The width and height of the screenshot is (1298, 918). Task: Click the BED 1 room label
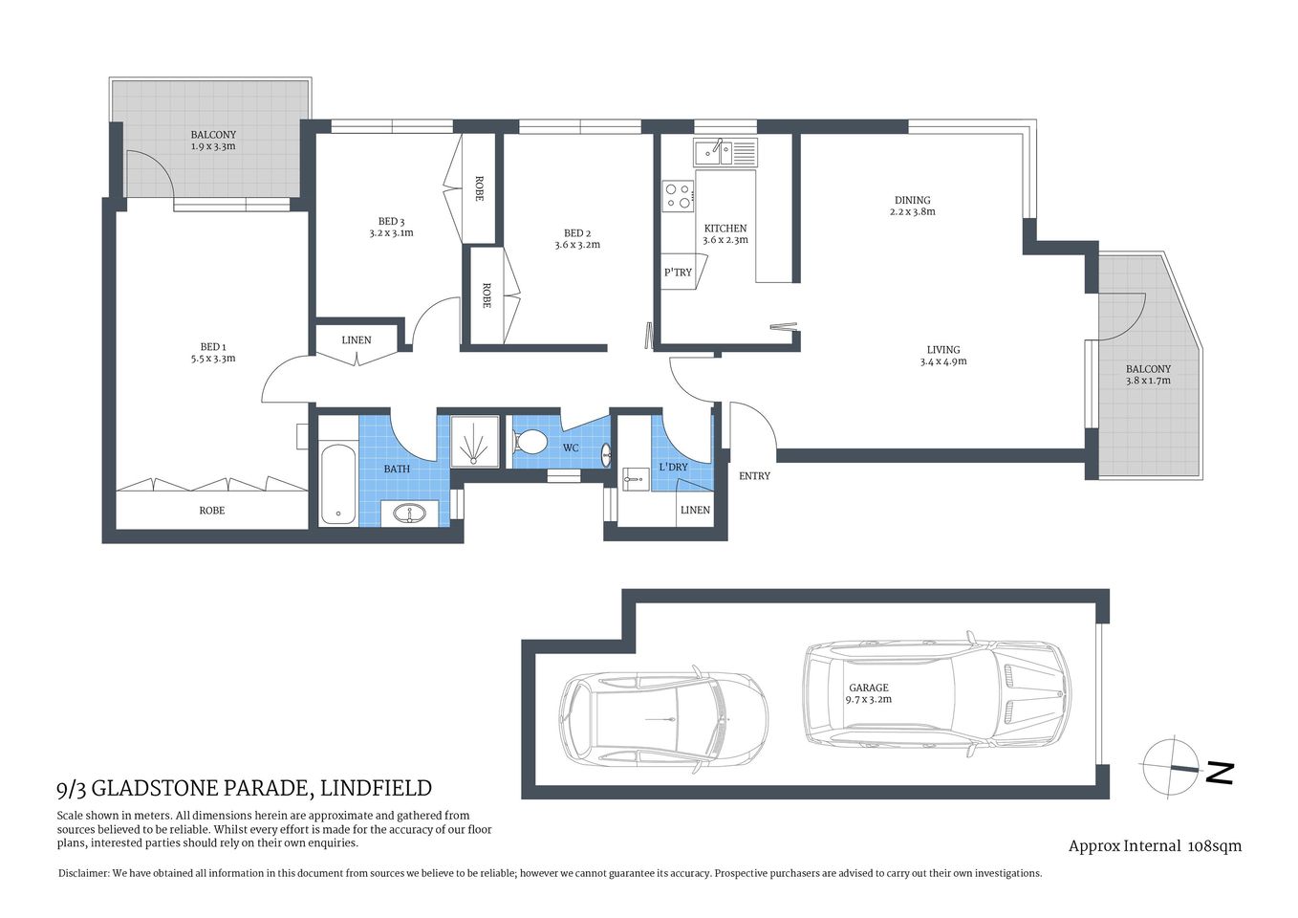212,347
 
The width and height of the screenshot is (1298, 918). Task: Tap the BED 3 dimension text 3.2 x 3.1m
391,233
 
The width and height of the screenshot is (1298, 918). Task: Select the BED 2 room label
577,233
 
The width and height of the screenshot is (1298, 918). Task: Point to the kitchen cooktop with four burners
679,196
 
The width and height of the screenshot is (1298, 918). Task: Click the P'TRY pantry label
678,273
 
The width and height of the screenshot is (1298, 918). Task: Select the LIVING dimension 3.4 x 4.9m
942,361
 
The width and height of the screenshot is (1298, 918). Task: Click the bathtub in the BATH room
338,484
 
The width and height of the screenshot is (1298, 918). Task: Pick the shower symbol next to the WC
474,443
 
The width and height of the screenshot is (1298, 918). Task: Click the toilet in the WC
529,442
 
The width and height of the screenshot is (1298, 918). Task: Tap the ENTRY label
754,475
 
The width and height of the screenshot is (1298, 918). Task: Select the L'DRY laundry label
673,468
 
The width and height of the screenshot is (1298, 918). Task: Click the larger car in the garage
937,693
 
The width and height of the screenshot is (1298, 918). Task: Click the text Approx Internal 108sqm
1155,845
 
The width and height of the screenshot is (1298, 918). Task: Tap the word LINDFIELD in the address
376,788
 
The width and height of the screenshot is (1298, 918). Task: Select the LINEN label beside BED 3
357,340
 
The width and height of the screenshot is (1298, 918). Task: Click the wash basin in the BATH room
413,514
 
